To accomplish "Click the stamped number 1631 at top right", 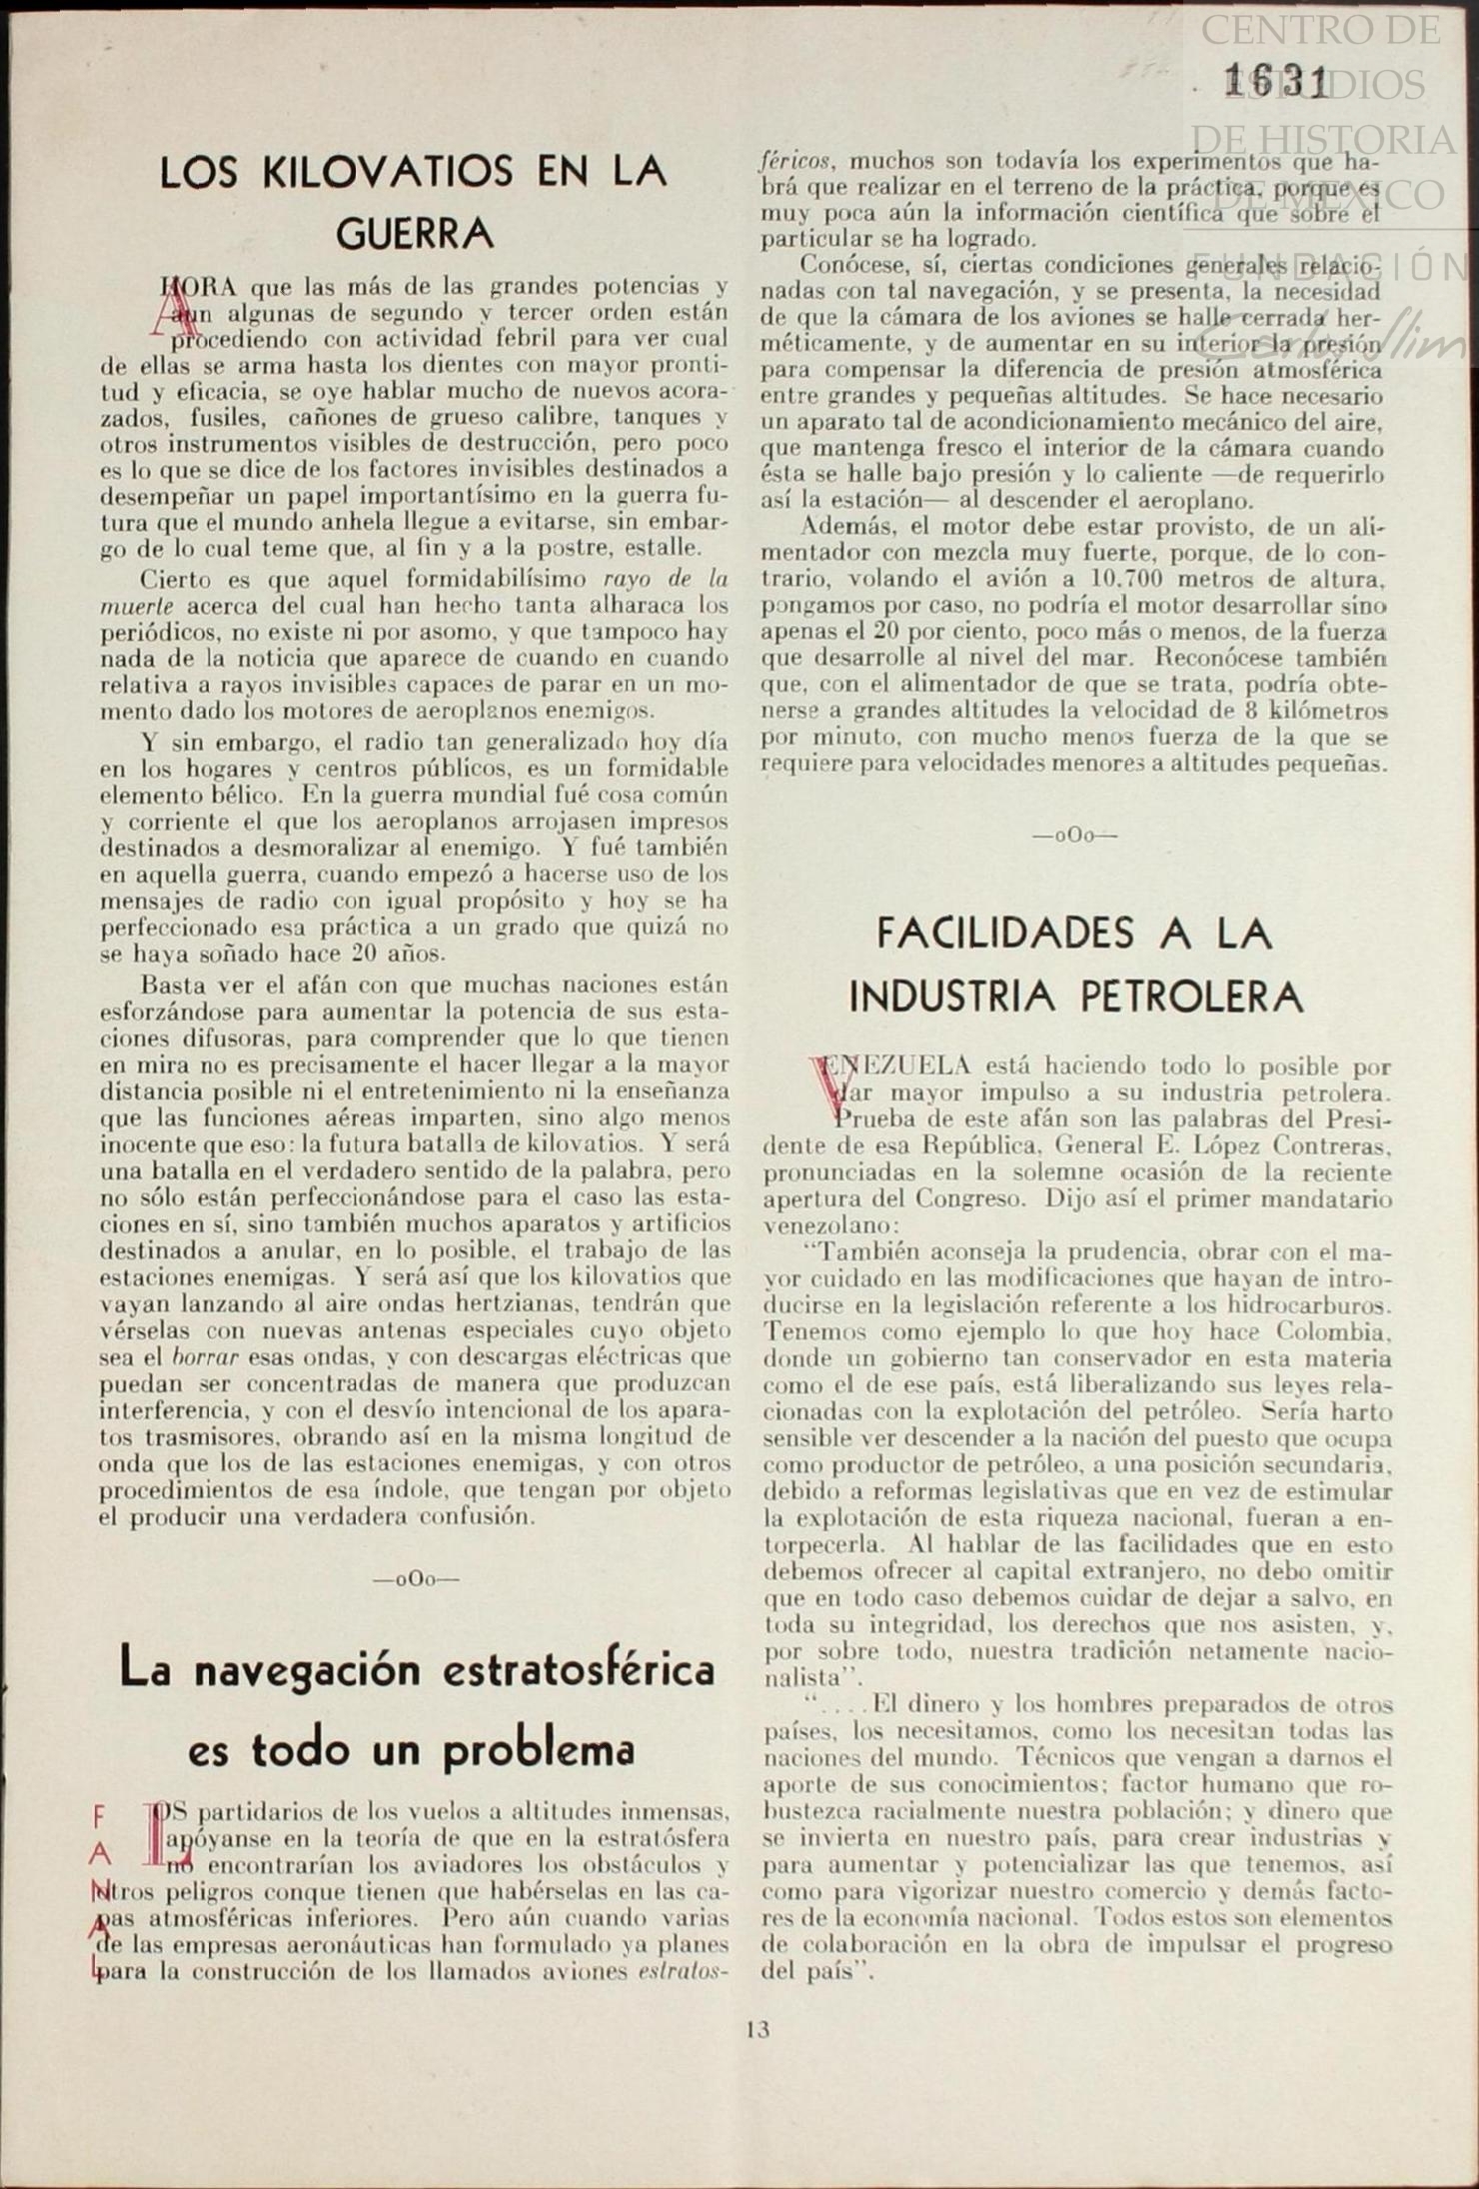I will pyautogui.click(x=1278, y=82).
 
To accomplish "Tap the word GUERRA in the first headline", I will pyautogui.click(x=415, y=234).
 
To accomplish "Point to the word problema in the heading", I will pyautogui.click(x=539, y=1750).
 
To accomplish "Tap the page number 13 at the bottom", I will pyautogui.click(x=757, y=2029).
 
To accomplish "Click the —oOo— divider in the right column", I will pyautogui.click(x=1075, y=836).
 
